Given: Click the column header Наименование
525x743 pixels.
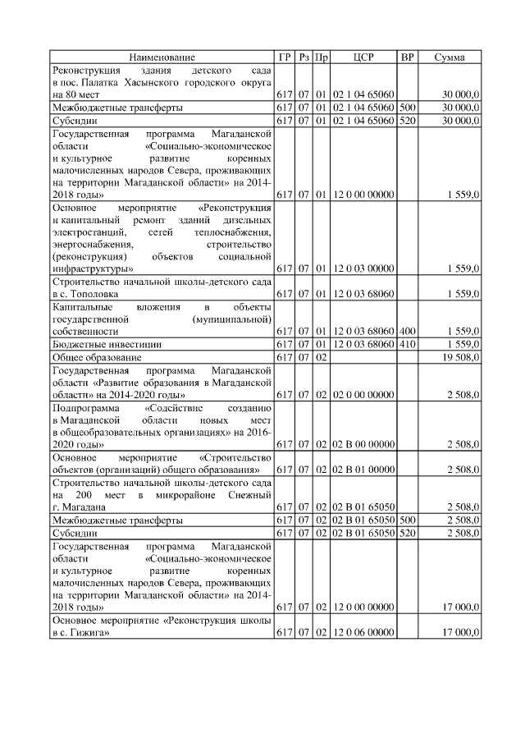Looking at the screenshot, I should pyautogui.click(x=162, y=57).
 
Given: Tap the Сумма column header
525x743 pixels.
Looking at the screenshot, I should pyautogui.click(x=450, y=57).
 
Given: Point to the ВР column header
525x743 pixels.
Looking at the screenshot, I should pyautogui.click(x=407, y=57).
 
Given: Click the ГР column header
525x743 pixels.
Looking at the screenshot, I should pyautogui.click(x=284, y=57).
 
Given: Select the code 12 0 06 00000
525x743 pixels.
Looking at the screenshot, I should pyautogui.click(x=363, y=632).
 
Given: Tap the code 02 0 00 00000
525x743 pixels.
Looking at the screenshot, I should pyautogui.click(x=363, y=395).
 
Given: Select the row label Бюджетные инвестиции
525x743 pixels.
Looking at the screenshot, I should pyautogui.click(x=107, y=344).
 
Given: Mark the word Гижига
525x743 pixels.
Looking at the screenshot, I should pyautogui.click(x=85, y=633).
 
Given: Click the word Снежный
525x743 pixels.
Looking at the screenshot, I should pyautogui.click(x=249, y=495).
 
